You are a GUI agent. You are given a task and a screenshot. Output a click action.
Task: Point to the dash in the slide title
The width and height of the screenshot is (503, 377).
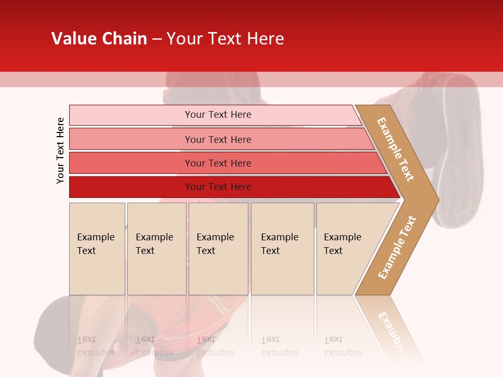point(157,39)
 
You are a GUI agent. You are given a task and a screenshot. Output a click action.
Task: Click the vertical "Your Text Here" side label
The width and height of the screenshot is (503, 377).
point(60,150)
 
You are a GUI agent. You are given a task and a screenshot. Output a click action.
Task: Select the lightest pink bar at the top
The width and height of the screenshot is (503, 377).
point(217,115)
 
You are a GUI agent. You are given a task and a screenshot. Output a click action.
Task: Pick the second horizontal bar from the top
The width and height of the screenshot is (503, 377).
point(217,139)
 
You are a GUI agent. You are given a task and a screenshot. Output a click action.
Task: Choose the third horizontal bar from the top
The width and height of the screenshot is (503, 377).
point(217,163)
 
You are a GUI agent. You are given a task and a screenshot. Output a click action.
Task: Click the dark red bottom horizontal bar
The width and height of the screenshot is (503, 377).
point(217,187)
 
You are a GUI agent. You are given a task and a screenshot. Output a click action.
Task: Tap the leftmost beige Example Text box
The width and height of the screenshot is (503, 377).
point(97,249)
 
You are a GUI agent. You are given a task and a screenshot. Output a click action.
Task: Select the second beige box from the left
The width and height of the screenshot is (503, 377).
point(156,249)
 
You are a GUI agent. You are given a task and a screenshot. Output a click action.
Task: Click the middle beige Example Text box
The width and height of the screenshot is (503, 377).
point(218,249)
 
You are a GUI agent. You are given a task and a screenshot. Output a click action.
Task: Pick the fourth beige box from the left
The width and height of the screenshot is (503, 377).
point(282,249)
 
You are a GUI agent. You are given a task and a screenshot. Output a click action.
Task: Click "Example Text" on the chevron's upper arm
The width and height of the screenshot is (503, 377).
point(396,149)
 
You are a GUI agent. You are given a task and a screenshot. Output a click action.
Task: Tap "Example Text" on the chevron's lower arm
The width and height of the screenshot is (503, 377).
point(397,247)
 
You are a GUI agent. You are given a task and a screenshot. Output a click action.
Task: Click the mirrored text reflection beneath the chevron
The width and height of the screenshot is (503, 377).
point(390,330)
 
